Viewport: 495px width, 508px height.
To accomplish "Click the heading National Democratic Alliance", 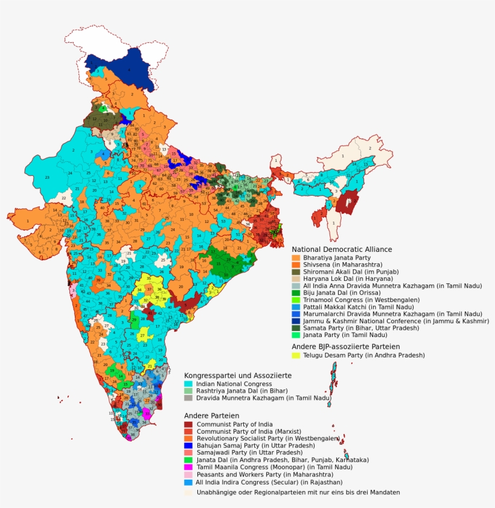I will [x=342, y=249].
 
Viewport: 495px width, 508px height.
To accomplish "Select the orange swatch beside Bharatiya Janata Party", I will [x=296, y=258].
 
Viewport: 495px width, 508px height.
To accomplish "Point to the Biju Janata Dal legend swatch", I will [x=296, y=292].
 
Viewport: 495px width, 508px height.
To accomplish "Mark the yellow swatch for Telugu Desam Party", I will [x=296, y=356].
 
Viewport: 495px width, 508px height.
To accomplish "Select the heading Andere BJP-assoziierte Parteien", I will [x=345, y=347].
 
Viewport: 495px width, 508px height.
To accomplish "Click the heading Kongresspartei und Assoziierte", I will [x=238, y=375].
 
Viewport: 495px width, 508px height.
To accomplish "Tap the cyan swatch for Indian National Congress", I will [x=188, y=384].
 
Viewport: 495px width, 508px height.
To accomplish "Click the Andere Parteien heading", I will [x=211, y=416].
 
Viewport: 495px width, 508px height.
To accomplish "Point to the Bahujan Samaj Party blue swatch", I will [x=188, y=446].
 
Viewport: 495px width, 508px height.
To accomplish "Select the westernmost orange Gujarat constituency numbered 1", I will [x=27, y=221].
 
